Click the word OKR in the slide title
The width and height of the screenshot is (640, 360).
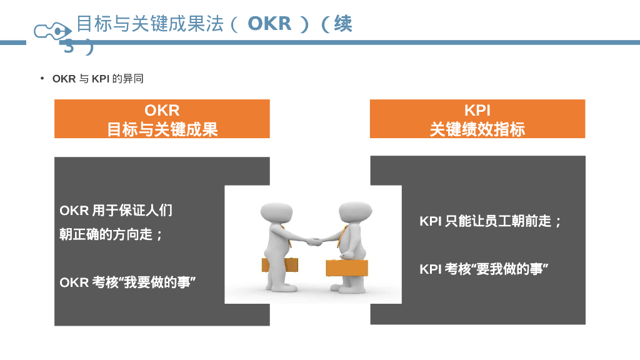[269, 24]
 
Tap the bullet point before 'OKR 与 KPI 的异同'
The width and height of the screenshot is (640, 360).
[42, 78]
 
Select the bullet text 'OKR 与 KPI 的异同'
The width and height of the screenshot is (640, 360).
[98, 79]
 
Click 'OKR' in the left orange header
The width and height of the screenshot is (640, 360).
[162, 111]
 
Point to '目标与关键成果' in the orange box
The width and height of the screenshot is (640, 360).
[162, 129]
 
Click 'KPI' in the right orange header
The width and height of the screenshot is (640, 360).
[477, 111]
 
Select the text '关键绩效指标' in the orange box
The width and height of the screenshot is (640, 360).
[477, 129]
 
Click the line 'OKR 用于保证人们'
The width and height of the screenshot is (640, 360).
[116, 211]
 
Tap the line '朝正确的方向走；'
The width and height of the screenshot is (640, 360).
[112, 235]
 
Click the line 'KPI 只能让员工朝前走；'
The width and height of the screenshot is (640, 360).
[491, 221]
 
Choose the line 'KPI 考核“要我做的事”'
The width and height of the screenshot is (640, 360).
[484, 269]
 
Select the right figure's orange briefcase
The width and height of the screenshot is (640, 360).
[347, 267]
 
